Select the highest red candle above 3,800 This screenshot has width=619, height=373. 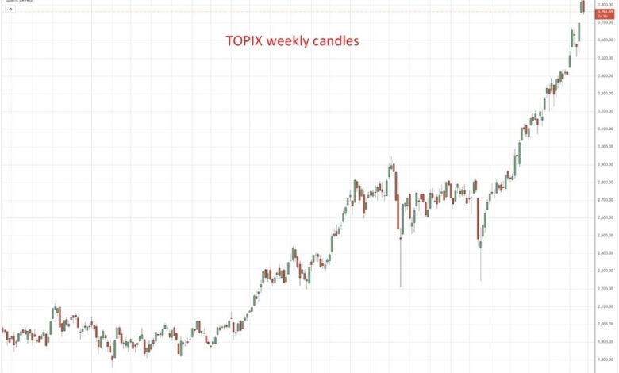pos(583,6)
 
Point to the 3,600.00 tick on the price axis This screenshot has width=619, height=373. pos(605,40)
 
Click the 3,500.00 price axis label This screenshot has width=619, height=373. pos(605,58)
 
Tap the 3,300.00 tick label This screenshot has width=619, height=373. pos(605,94)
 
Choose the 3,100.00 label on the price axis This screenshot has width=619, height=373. pos(605,129)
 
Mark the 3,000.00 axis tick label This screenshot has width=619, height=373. pos(605,147)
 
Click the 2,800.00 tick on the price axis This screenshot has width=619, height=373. pos(605,182)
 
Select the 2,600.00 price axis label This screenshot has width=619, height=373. pos(605,217)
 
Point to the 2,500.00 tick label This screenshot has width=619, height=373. pos(605,235)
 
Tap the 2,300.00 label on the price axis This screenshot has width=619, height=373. pos(605,271)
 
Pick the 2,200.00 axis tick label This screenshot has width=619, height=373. pos(605,288)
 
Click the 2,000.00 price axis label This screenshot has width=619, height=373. pos(605,324)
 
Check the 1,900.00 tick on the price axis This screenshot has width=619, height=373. pos(605,341)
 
